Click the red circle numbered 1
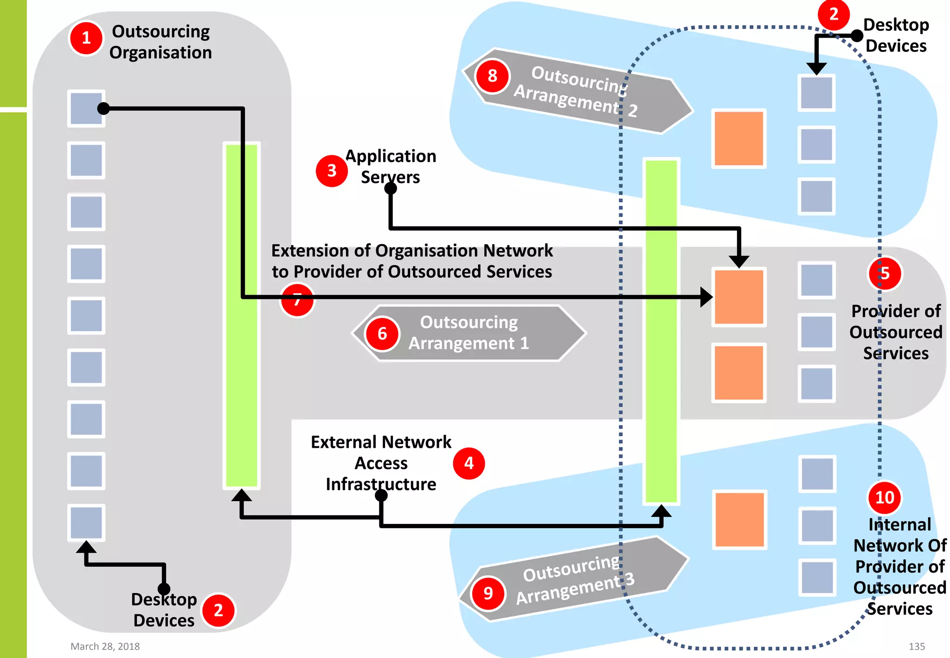tap(86, 38)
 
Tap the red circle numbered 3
tap(331, 171)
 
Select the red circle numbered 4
tap(469, 463)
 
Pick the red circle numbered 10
tap(884, 497)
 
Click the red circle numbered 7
tap(297, 300)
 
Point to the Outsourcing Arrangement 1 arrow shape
tap(469, 333)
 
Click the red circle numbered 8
tap(492, 76)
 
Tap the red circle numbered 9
tap(488, 593)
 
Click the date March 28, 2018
tap(105, 646)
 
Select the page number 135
tap(917, 646)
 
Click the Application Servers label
tap(391, 167)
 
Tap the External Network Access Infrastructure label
tap(381, 463)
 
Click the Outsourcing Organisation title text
tap(160, 42)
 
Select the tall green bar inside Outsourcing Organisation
tap(241, 316)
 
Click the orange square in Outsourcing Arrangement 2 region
tap(738, 138)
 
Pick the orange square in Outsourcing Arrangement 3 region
tap(739, 520)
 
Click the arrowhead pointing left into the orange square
tap(706, 297)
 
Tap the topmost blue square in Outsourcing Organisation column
tap(86, 109)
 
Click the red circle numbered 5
tap(885, 274)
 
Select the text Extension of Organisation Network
tap(412, 251)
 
